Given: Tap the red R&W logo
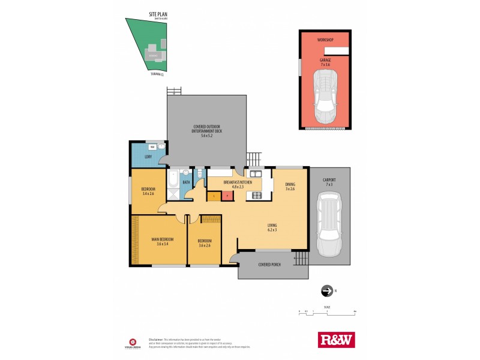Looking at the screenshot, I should (335, 340).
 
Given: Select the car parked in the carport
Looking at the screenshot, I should (329, 224).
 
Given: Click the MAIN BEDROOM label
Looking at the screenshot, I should (160, 241).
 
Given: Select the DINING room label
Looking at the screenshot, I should (290, 187).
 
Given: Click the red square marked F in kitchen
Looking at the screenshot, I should (227, 195).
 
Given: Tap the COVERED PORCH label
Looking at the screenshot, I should (269, 264).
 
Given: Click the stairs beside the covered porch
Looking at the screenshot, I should (302, 259).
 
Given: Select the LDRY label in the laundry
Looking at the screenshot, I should (147, 157).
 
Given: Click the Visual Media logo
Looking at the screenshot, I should (130, 340).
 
